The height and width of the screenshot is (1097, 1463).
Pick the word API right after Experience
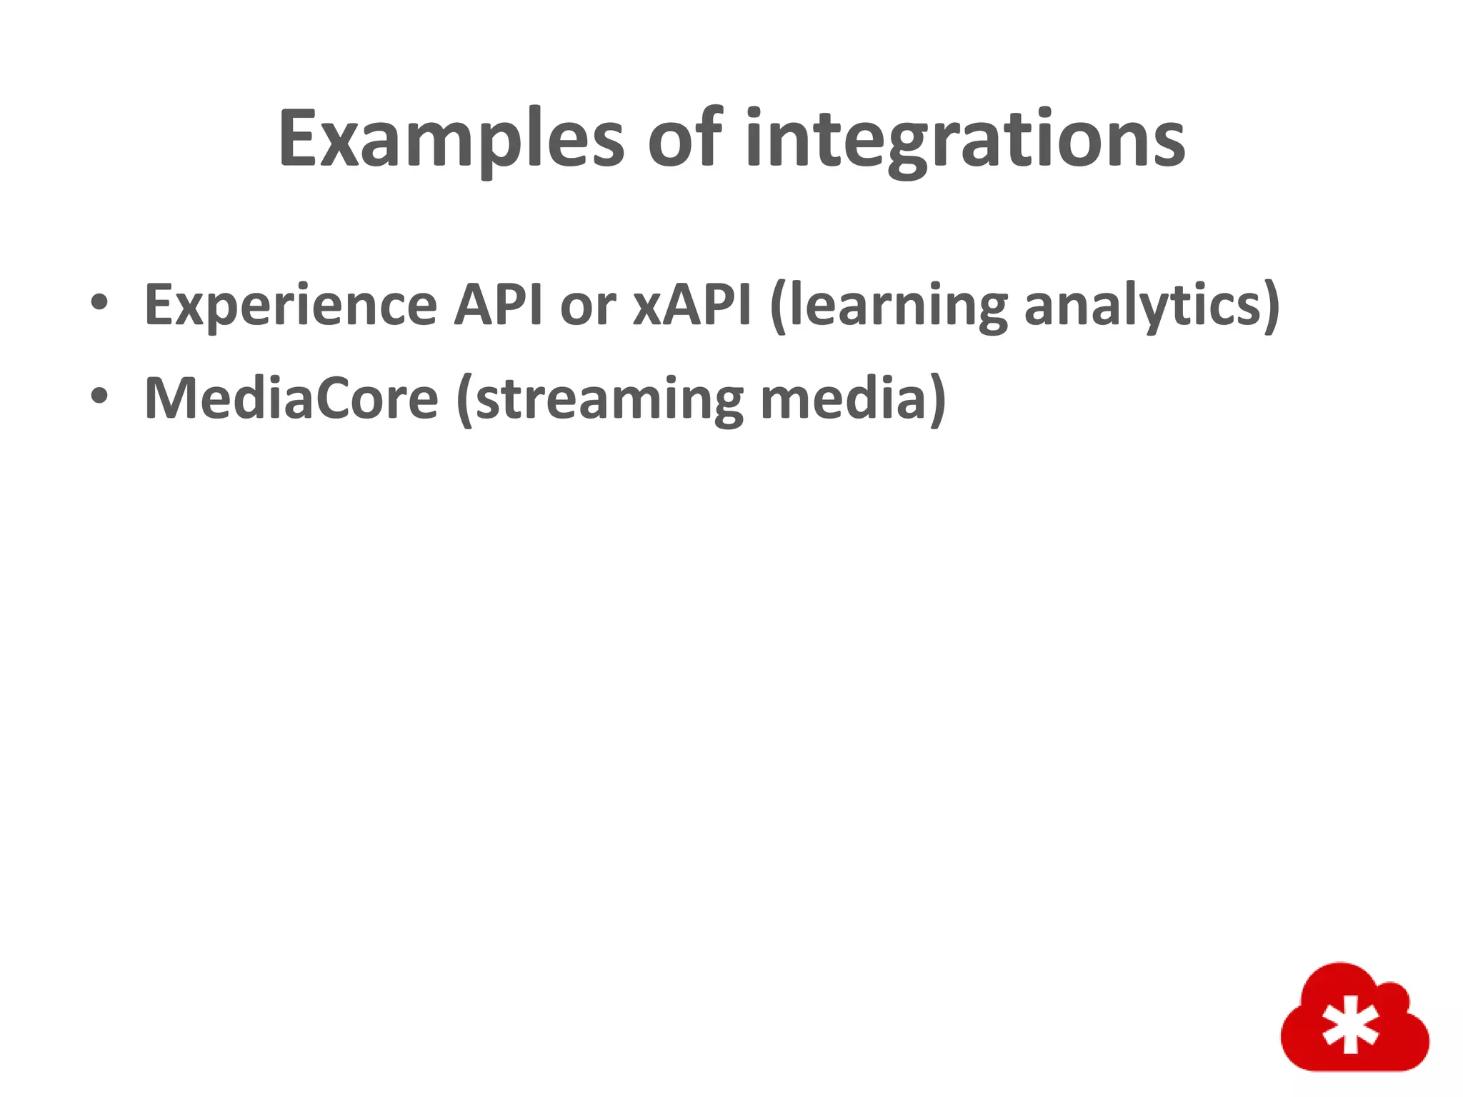pyautogui.click(x=499, y=304)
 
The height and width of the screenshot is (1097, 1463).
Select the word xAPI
pyautogui.click(x=691, y=304)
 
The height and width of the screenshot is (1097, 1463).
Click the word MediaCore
pyautogui.click(x=291, y=399)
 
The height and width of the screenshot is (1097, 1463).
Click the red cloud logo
pyautogui.click(x=1354, y=1018)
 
